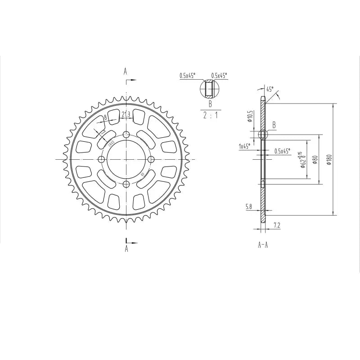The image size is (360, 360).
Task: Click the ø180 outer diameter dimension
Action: click(x=329, y=159)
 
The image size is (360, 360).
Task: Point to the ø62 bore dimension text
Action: click(x=304, y=160)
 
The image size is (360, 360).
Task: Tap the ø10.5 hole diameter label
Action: click(x=249, y=117)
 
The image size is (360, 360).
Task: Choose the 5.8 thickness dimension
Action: click(x=249, y=207)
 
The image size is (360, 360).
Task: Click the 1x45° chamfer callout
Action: click(x=244, y=146)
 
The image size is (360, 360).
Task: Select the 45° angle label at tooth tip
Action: click(x=270, y=89)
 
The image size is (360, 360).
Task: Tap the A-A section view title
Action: click(x=263, y=245)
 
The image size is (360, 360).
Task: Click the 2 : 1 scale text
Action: click(x=210, y=115)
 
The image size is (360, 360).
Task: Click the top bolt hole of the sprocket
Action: click(x=126, y=135)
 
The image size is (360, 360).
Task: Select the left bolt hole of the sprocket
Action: click(x=102, y=159)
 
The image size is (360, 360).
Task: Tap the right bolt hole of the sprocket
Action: click(x=150, y=159)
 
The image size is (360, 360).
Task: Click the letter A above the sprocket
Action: click(x=126, y=71)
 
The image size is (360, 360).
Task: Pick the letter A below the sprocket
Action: click(x=126, y=248)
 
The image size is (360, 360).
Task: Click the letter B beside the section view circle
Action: click(x=274, y=124)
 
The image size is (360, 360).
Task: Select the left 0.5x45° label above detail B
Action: click(x=187, y=76)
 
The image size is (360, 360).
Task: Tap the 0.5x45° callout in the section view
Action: click(x=282, y=151)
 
